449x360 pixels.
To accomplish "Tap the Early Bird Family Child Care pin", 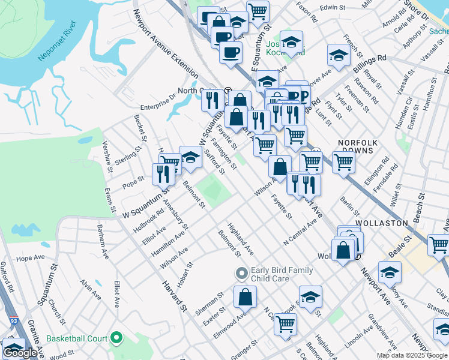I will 242,274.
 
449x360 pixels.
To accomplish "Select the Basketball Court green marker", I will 116,340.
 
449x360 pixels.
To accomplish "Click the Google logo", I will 20,353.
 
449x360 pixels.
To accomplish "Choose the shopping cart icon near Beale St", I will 438,244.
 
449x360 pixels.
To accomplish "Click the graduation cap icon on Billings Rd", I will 339,55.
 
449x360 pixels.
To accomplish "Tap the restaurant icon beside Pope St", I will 163,173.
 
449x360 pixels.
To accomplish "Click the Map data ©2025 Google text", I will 411,355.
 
